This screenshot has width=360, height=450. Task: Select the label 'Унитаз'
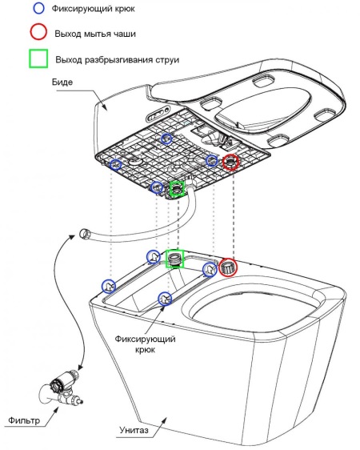coord(134,431)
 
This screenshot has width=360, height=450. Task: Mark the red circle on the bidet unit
coord(231,163)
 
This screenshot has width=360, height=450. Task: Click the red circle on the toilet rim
coord(228,267)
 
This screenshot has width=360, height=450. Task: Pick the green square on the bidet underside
coord(176,190)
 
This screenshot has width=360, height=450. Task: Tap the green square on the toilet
coord(174,258)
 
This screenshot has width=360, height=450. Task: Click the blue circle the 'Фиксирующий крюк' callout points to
coord(166,298)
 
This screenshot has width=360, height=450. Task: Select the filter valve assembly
coord(60,388)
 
